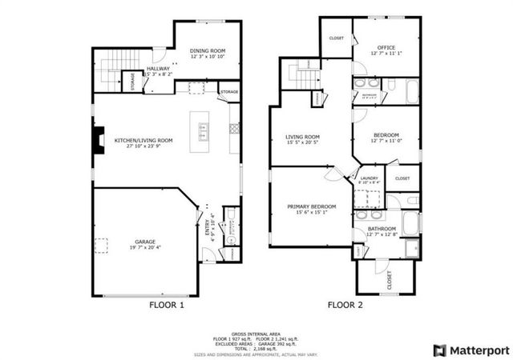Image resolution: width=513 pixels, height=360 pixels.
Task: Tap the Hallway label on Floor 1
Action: click(x=158, y=69)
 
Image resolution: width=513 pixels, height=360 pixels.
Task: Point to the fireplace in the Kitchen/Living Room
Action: click(x=97, y=141)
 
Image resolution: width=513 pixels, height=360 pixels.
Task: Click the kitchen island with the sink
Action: click(x=202, y=129)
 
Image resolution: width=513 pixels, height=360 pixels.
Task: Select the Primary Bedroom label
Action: click(x=312, y=206)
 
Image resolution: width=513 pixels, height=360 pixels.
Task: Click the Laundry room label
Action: click(x=370, y=178)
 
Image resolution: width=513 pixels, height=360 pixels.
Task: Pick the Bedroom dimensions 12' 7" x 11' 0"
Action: click(x=385, y=142)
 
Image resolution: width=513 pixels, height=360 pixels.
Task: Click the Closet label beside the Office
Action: click(x=337, y=38)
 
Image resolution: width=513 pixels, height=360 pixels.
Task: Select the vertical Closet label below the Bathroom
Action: click(x=390, y=279)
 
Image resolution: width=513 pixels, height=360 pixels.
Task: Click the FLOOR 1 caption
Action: click(x=167, y=305)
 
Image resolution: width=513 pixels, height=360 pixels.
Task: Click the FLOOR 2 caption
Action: click(x=345, y=305)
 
